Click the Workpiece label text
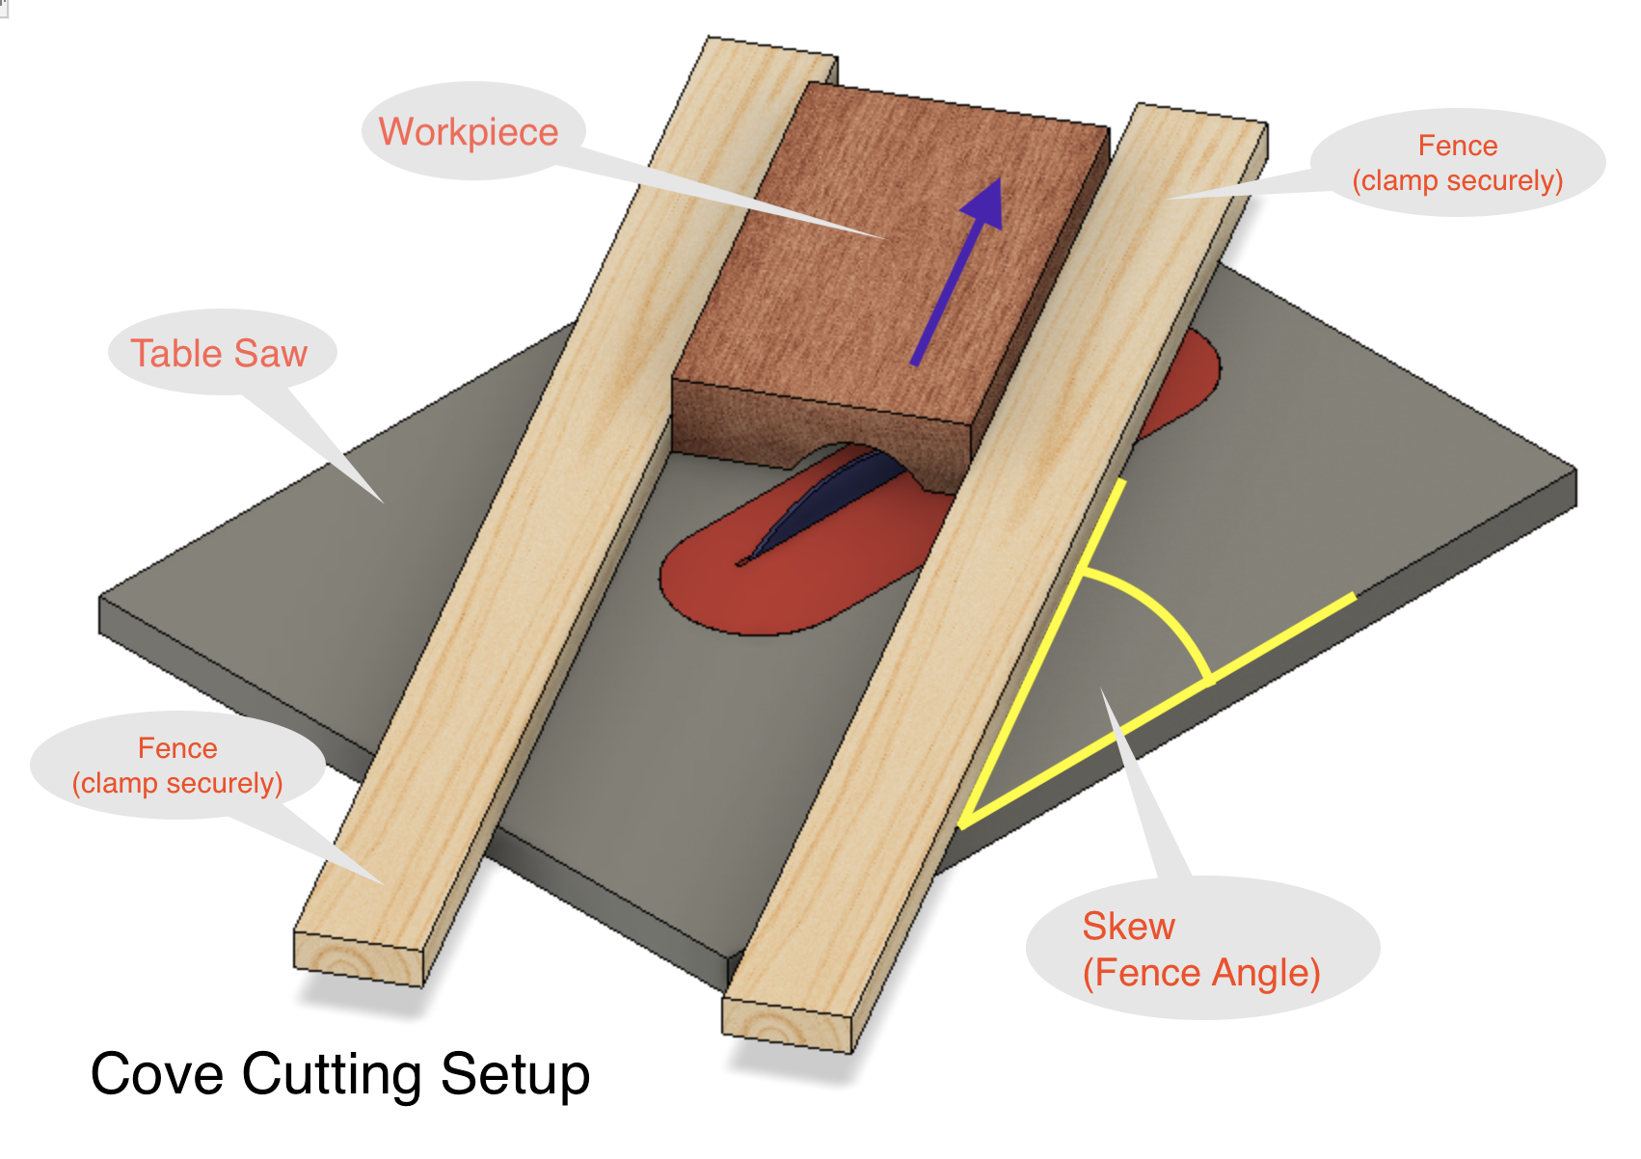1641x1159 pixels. pos(469,132)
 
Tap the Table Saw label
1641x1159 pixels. pos(219,354)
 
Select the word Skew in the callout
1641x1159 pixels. pos(1128,927)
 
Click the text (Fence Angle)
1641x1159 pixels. pos(1201,973)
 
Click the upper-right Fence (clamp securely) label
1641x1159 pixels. pos(1457,163)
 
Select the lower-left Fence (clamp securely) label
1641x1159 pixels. pos(177,766)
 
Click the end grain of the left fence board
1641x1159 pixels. pos(358,958)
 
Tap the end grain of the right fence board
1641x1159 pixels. pos(787,1026)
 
